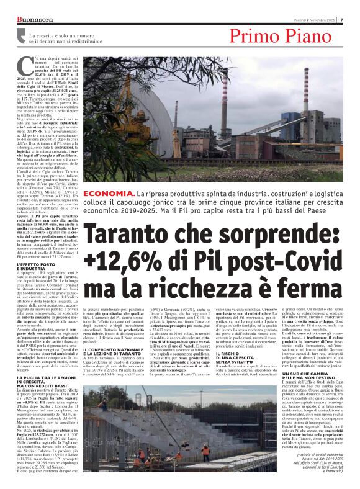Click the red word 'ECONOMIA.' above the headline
[x=109, y=194]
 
